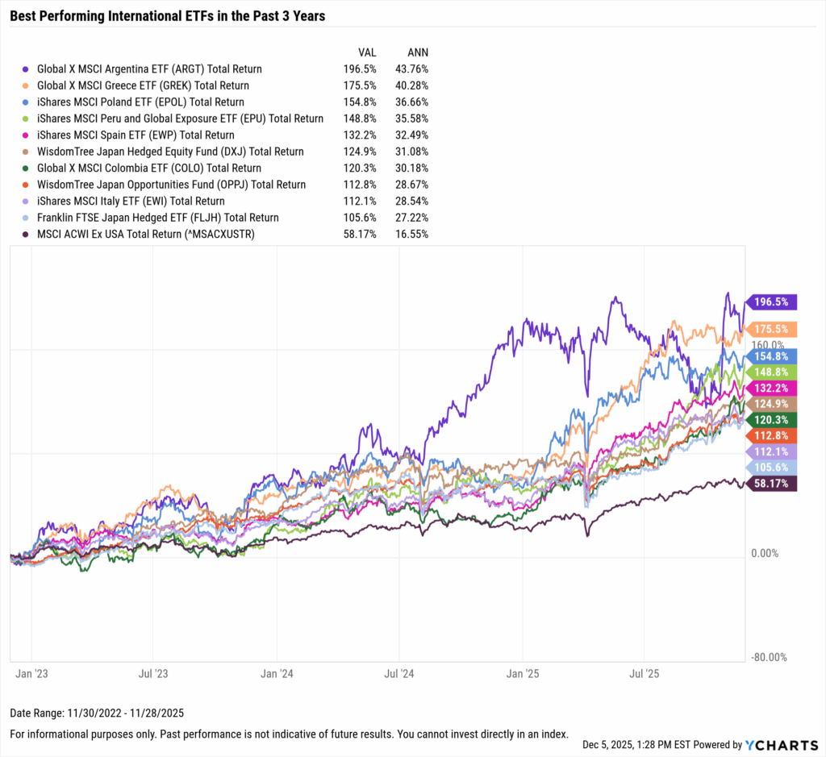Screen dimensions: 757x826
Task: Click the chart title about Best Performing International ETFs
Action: pyautogui.click(x=167, y=16)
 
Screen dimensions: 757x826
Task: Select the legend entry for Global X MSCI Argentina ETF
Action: pyautogui.click(x=149, y=69)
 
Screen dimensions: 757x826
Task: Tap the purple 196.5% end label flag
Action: pyautogui.click(x=773, y=302)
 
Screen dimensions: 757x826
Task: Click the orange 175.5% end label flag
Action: pyautogui.click(x=773, y=329)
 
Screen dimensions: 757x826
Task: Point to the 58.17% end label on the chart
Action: pyautogui.click(x=773, y=483)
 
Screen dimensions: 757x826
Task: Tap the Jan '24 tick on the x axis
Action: pyautogui.click(x=276, y=671)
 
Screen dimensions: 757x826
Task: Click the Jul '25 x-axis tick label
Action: pyautogui.click(x=644, y=671)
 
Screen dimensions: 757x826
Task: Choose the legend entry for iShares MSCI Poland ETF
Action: pyautogui.click(x=140, y=102)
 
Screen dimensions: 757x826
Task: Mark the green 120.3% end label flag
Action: pyautogui.click(x=773, y=419)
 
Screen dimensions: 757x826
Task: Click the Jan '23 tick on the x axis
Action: pyautogui.click(x=31, y=671)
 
